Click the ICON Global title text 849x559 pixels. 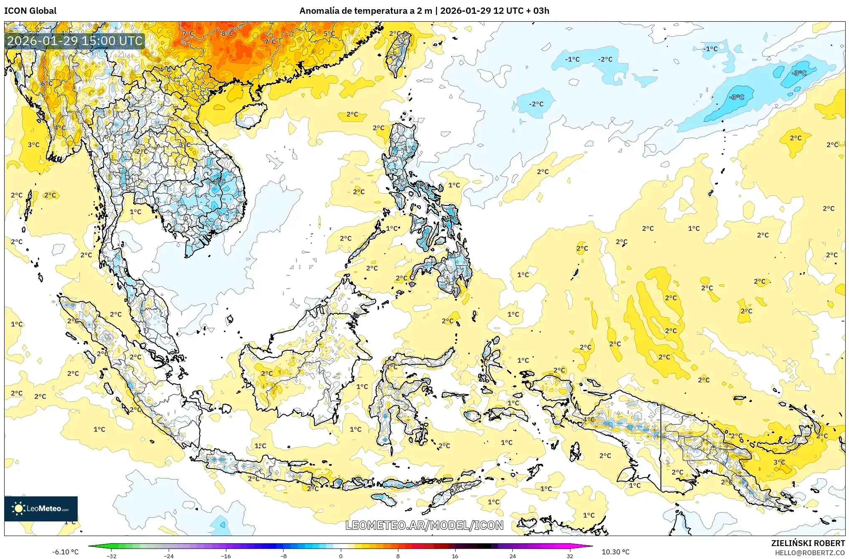point(30,11)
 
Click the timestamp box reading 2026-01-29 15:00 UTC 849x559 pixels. point(75,41)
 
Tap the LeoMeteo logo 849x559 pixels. point(41,508)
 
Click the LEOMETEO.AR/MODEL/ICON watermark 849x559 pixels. point(424,525)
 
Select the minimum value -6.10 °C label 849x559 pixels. point(65,552)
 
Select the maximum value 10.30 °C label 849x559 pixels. point(615,552)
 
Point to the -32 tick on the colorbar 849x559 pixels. point(112,556)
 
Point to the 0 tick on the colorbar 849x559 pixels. point(341,556)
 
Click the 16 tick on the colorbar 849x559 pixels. point(455,556)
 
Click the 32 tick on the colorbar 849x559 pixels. point(570,556)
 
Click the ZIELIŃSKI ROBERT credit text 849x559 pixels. point(808,543)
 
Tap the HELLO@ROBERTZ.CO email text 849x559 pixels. point(810,553)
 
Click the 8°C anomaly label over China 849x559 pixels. point(228,33)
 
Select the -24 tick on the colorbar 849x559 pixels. point(169,556)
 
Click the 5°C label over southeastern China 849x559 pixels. point(329,33)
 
